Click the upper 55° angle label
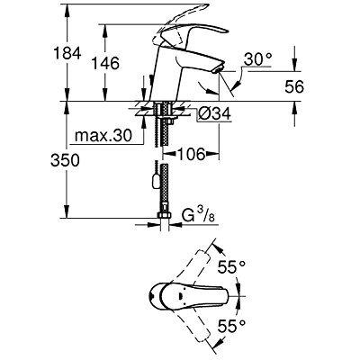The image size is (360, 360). [237, 267]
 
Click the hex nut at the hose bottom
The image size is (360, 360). [164, 220]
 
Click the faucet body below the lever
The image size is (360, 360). [165, 76]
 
